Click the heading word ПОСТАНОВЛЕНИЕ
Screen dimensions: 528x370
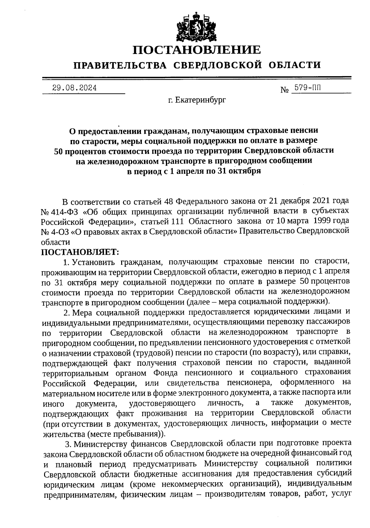point(197,50)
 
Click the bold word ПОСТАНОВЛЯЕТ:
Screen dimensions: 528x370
point(80,252)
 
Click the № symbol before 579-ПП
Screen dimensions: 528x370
point(285,90)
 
